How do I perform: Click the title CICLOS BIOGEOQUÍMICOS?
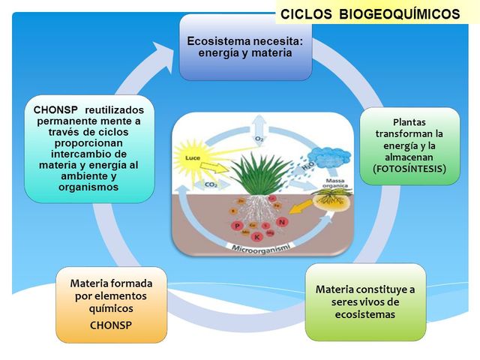click(370, 14)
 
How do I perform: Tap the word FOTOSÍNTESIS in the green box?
click(409, 169)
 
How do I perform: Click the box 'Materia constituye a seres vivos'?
click(365, 301)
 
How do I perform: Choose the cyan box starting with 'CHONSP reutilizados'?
click(88, 148)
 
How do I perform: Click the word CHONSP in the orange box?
click(111, 325)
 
